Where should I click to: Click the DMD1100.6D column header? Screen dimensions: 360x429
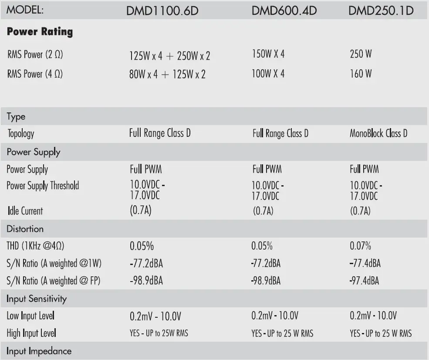click(162, 10)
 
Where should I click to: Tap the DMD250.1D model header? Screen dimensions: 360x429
click(381, 10)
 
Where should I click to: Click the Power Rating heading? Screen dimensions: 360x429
click(40, 32)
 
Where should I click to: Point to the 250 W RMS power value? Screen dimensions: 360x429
click(361, 54)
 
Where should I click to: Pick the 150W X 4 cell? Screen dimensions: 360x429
click(268, 54)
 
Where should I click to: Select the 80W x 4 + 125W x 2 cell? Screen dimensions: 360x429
click(167, 75)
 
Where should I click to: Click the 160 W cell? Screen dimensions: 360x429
click(361, 74)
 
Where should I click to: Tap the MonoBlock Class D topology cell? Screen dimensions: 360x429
click(378, 133)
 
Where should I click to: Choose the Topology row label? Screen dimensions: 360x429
click(20, 133)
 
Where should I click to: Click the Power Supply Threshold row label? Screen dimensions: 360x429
click(43, 186)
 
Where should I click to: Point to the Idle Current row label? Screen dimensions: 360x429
click(24, 211)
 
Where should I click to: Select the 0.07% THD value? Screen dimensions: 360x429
click(360, 246)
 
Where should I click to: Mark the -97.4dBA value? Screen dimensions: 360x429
click(365, 281)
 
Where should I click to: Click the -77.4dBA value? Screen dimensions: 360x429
click(365, 263)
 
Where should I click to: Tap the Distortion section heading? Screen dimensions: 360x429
click(25, 229)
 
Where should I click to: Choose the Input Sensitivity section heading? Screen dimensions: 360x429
click(37, 299)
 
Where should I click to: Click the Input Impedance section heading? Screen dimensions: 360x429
click(39, 351)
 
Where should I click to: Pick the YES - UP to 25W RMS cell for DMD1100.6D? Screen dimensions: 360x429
click(159, 333)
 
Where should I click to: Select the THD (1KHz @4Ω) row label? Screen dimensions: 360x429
click(35, 246)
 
